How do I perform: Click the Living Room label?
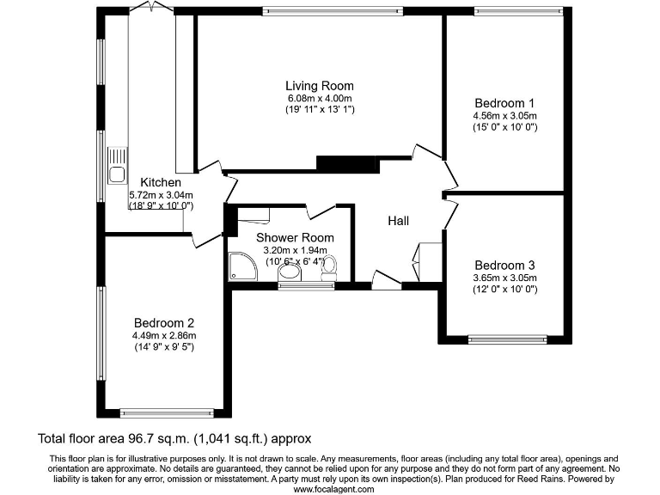pyautogui.click(x=320, y=86)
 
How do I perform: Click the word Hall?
pyautogui.click(x=398, y=221)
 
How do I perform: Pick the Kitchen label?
pyautogui.click(x=161, y=182)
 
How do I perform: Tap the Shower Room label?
pyautogui.click(x=295, y=237)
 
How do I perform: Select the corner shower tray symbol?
pyautogui.click(x=242, y=267)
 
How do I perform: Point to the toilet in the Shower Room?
pyautogui.click(x=328, y=269)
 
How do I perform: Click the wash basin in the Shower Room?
pyautogui.click(x=290, y=273)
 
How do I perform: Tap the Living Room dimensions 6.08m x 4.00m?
pyautogui.click(x=320, y=98)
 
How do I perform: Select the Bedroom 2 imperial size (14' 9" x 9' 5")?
pyautogui.click(x=163, y=347)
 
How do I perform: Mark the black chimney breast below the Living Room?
pyautogui.click(x=347, y=164)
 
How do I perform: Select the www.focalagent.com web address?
pyautogui.click(x=333, y=488)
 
